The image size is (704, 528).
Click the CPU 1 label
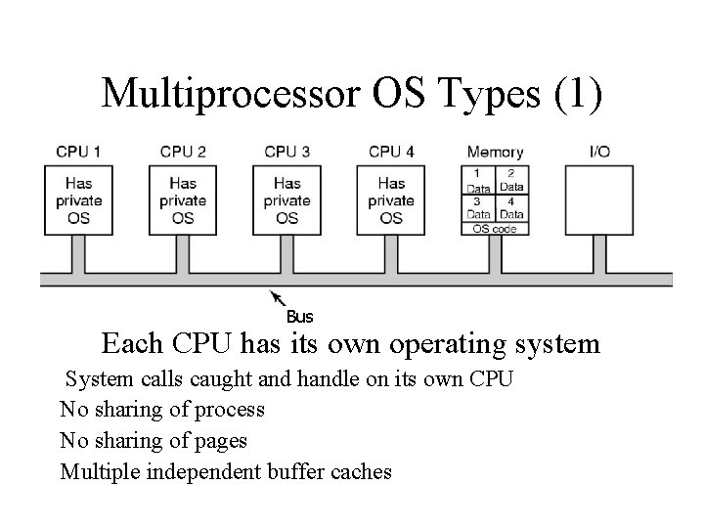(x=78, y=152)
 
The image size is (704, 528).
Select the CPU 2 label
(x=183, y=152)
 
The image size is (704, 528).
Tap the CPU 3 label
(x=287, y=152)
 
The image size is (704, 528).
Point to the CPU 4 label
(x=391, y=152)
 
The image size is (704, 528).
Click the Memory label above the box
(x=495, y=152)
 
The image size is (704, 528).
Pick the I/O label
(x=599, y=152)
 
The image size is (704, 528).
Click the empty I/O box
(x=599, y=199)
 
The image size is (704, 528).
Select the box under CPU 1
(x=78, y=199)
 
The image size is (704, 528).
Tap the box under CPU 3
(x=287, y=199)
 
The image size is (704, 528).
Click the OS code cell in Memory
(x=495, y=229)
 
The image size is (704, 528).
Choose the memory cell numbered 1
(x=478, y=180)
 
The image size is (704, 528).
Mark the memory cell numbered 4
(x=511, y=208)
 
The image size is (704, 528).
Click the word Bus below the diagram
(x=299, y=317)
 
